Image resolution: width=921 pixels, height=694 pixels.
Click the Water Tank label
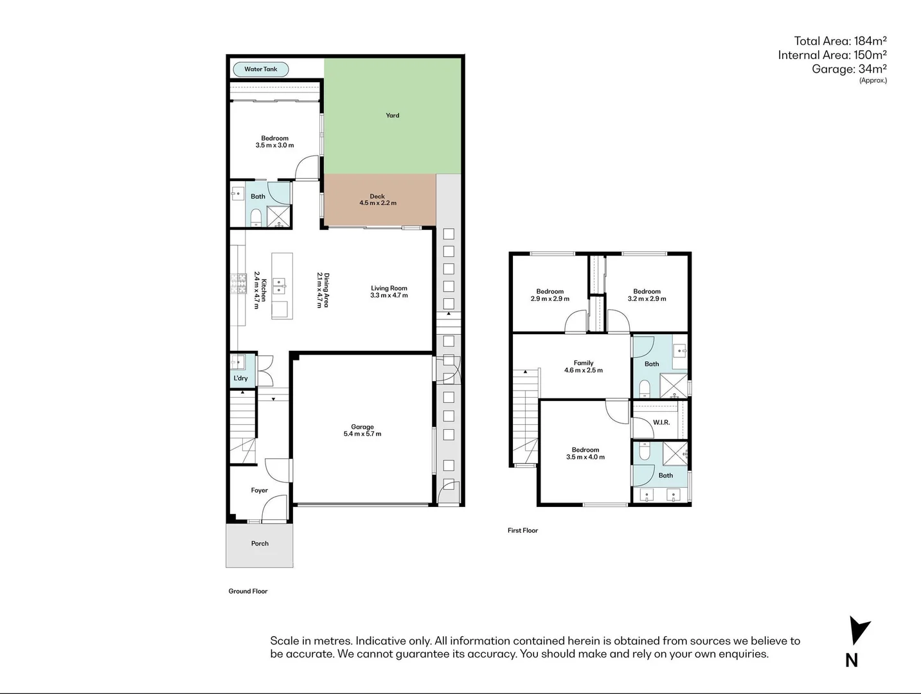click(260, 69)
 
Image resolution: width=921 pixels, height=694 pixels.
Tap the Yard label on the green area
click(392, 116)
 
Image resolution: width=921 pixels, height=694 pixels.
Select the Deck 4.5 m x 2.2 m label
click(377, 200)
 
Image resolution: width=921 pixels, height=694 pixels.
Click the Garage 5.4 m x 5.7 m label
click(362, 431)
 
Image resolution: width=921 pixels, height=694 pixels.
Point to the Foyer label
click(259, 490)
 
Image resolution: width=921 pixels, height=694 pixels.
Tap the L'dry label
click(240, 378)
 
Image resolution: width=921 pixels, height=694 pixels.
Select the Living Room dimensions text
click(389, 296)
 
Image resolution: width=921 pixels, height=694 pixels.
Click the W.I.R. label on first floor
click(661, 422)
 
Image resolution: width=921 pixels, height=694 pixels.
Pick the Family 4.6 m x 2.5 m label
click(583, 367)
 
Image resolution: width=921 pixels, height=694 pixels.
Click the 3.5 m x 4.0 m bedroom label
click(585, 454)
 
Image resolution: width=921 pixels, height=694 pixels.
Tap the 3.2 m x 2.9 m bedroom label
click(647, 295)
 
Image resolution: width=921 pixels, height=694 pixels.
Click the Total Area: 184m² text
click(840, 40)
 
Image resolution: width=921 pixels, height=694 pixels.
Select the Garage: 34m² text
click(848, 69)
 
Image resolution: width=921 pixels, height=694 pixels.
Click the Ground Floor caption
click(247, 591)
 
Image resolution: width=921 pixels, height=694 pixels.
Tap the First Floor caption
click(523, 531)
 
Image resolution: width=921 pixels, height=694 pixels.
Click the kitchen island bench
click(282, 286)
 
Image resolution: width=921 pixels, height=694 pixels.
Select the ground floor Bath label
click(258, 197)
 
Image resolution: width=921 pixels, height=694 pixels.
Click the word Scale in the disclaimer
click(284, 641)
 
